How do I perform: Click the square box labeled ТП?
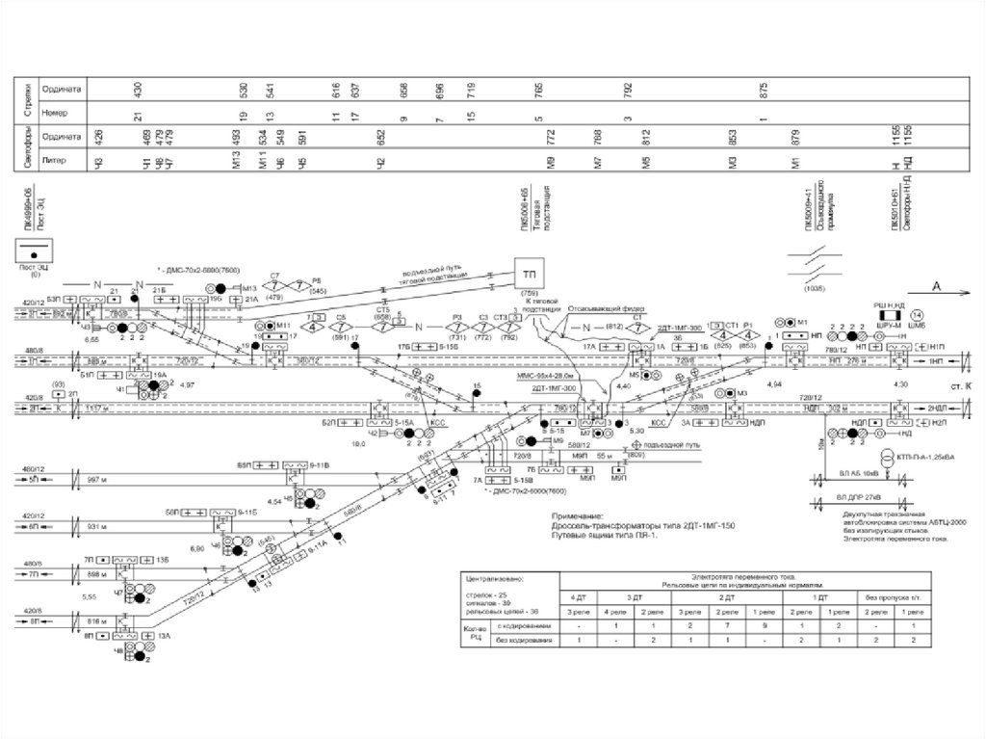(530, 272)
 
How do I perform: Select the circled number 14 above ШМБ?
(916, 314)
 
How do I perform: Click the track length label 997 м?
(94, 479)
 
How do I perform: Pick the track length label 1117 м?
(94, 409)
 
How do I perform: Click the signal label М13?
(248, 288)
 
